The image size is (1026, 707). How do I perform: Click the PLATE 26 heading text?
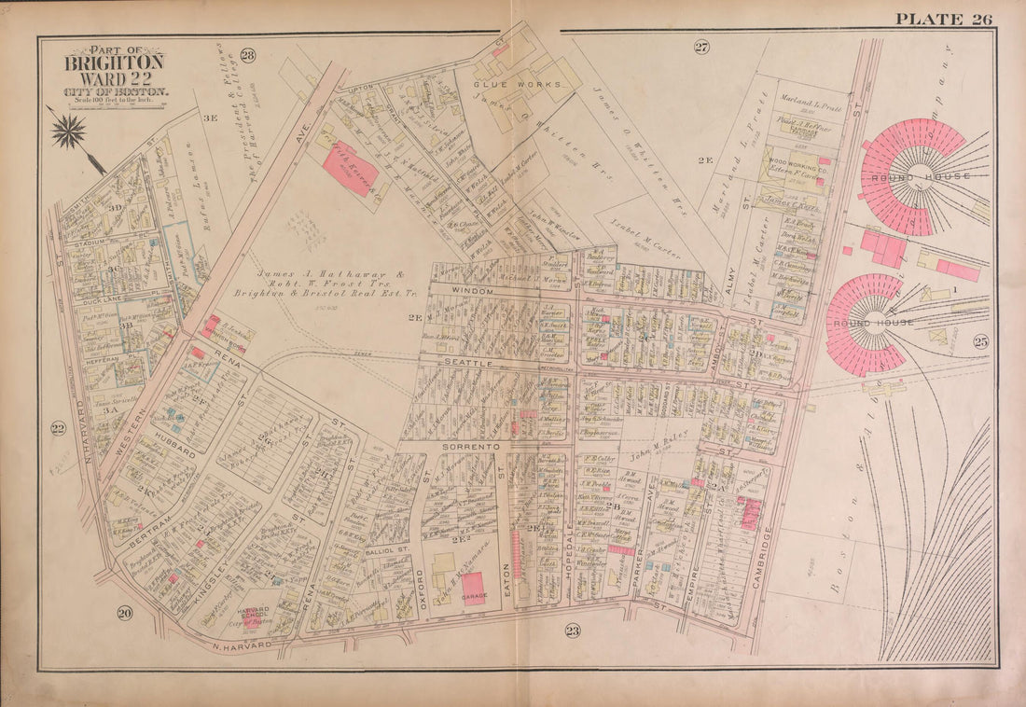[x=943, y=19]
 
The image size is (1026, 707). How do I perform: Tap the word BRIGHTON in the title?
[x=114, y=62]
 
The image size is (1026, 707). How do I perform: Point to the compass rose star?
[x=68, y=132]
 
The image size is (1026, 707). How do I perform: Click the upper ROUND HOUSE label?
[x=908, y=176]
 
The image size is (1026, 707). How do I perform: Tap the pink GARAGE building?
[x=474, y=589]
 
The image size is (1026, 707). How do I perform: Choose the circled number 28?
[x=247, y=55]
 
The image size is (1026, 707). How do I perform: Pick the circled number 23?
[x=572, y=631]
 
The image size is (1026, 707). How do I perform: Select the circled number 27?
[x=701, y=47]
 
